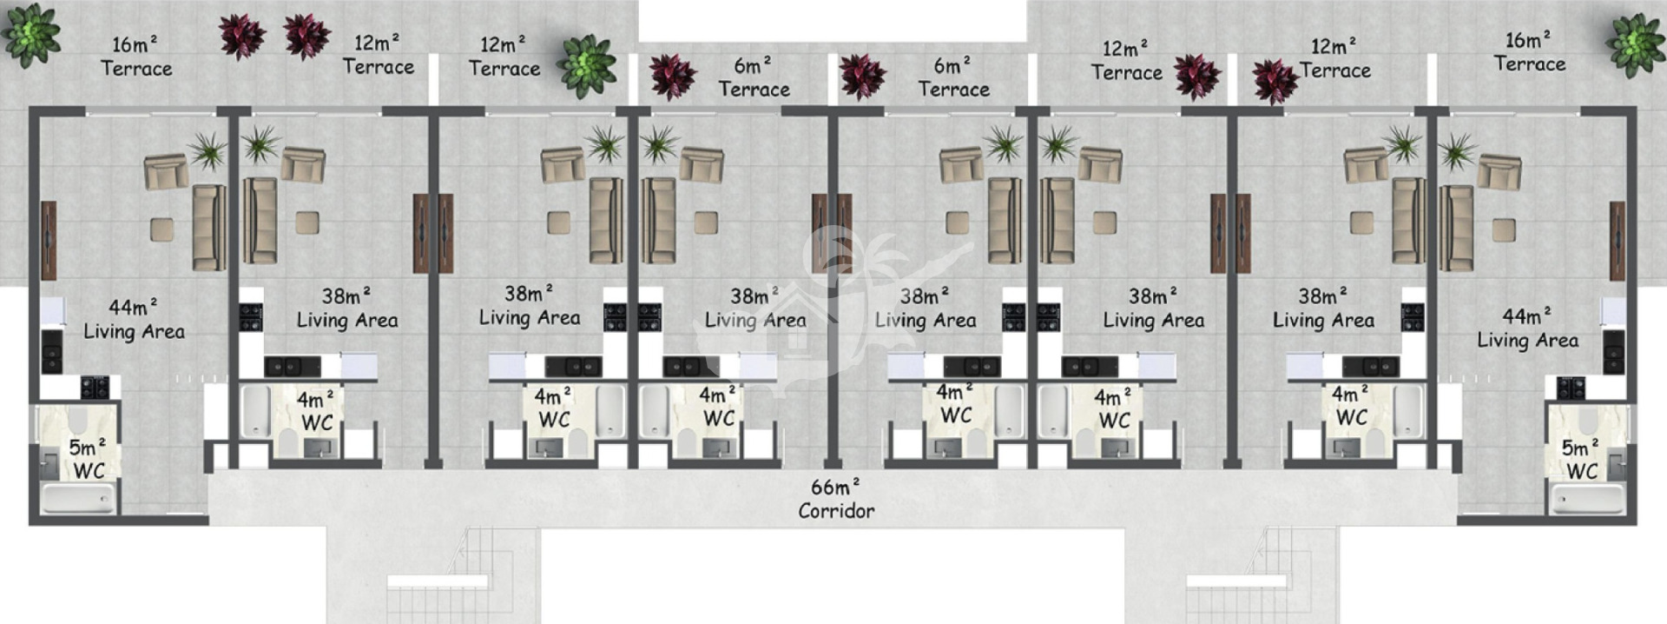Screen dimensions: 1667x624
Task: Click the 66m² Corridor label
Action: [836, 499]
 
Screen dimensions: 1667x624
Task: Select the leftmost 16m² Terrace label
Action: [136, 56]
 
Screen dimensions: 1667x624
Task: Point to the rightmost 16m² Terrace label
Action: [1530, 52]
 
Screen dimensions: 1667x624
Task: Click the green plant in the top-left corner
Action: [31, 35]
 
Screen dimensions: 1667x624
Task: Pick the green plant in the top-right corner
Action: [1635, 44]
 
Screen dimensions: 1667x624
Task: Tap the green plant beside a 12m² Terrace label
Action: [587, 66]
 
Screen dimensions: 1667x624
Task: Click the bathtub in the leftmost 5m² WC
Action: [78, 499]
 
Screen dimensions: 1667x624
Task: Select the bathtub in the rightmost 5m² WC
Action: [1588, 499]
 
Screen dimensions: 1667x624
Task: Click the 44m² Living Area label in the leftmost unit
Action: [134, 319]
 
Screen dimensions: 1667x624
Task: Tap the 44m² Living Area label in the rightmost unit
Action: [1528, 328]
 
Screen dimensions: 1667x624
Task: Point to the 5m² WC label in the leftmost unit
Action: [88, 459]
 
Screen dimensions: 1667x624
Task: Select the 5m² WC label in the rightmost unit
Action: [1580, 459]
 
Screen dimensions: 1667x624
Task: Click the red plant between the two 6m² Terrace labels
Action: [862, 76]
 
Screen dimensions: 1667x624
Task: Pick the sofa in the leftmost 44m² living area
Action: [208, 227]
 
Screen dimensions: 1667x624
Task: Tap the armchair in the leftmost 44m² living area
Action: [166, 171]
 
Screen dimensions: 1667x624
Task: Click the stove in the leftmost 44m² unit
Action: [95, 388]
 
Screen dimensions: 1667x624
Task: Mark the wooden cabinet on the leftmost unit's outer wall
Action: [49, 241]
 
